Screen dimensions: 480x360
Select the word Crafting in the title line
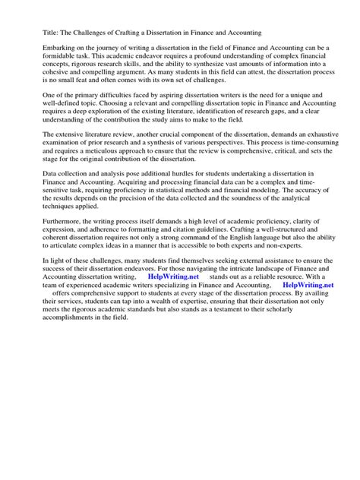140,33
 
